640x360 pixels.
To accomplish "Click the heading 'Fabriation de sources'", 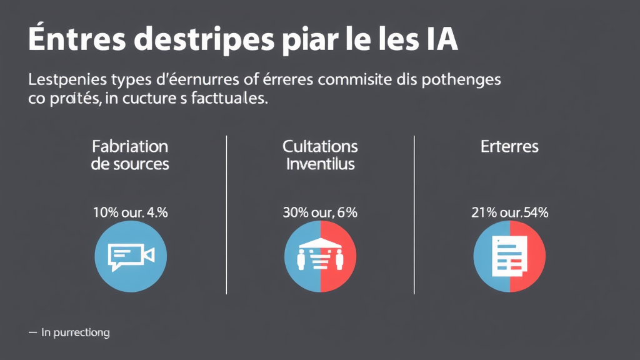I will point(130,155).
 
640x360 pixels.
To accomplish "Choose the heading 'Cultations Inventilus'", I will point(320,155).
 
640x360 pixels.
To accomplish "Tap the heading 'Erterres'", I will point(509,147).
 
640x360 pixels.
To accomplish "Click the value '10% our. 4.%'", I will point(130,212).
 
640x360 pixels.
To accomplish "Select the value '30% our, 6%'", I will point(320,212).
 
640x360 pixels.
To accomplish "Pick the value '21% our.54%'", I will point(509,212).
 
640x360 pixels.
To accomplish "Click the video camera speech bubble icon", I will point(131,256).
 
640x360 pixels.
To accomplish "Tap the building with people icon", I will point(320,256).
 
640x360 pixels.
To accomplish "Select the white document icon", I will point(507,256).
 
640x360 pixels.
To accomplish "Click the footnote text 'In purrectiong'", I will point(75,333).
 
